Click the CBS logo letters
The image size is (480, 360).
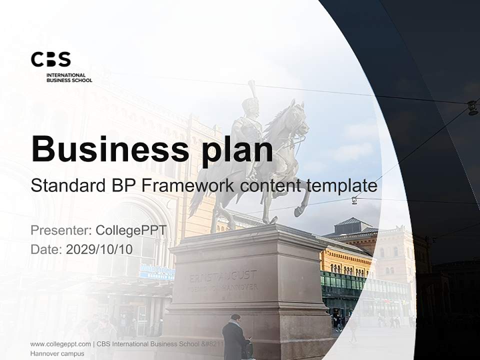click(x=51, y=59)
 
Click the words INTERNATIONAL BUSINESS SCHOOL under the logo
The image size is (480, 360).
click(x=69, y=77)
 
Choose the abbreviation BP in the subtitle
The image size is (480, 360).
click(x=121, y=185)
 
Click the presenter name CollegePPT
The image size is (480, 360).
click(x=130, y=230)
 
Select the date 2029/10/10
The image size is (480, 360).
click(x=99, y=249)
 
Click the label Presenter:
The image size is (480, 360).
click(x=60, y=230)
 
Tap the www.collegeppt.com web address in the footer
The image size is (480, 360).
click(x=60, y=344)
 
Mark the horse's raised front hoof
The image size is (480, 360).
click(x=298, y=212)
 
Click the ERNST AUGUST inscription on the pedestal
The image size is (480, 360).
click(x=223, y=275)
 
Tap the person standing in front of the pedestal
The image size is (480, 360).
click(x=234, y=337)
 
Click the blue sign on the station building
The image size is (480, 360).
click(x=157, y=272)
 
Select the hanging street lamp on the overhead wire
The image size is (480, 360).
click(x=472, y=107)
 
